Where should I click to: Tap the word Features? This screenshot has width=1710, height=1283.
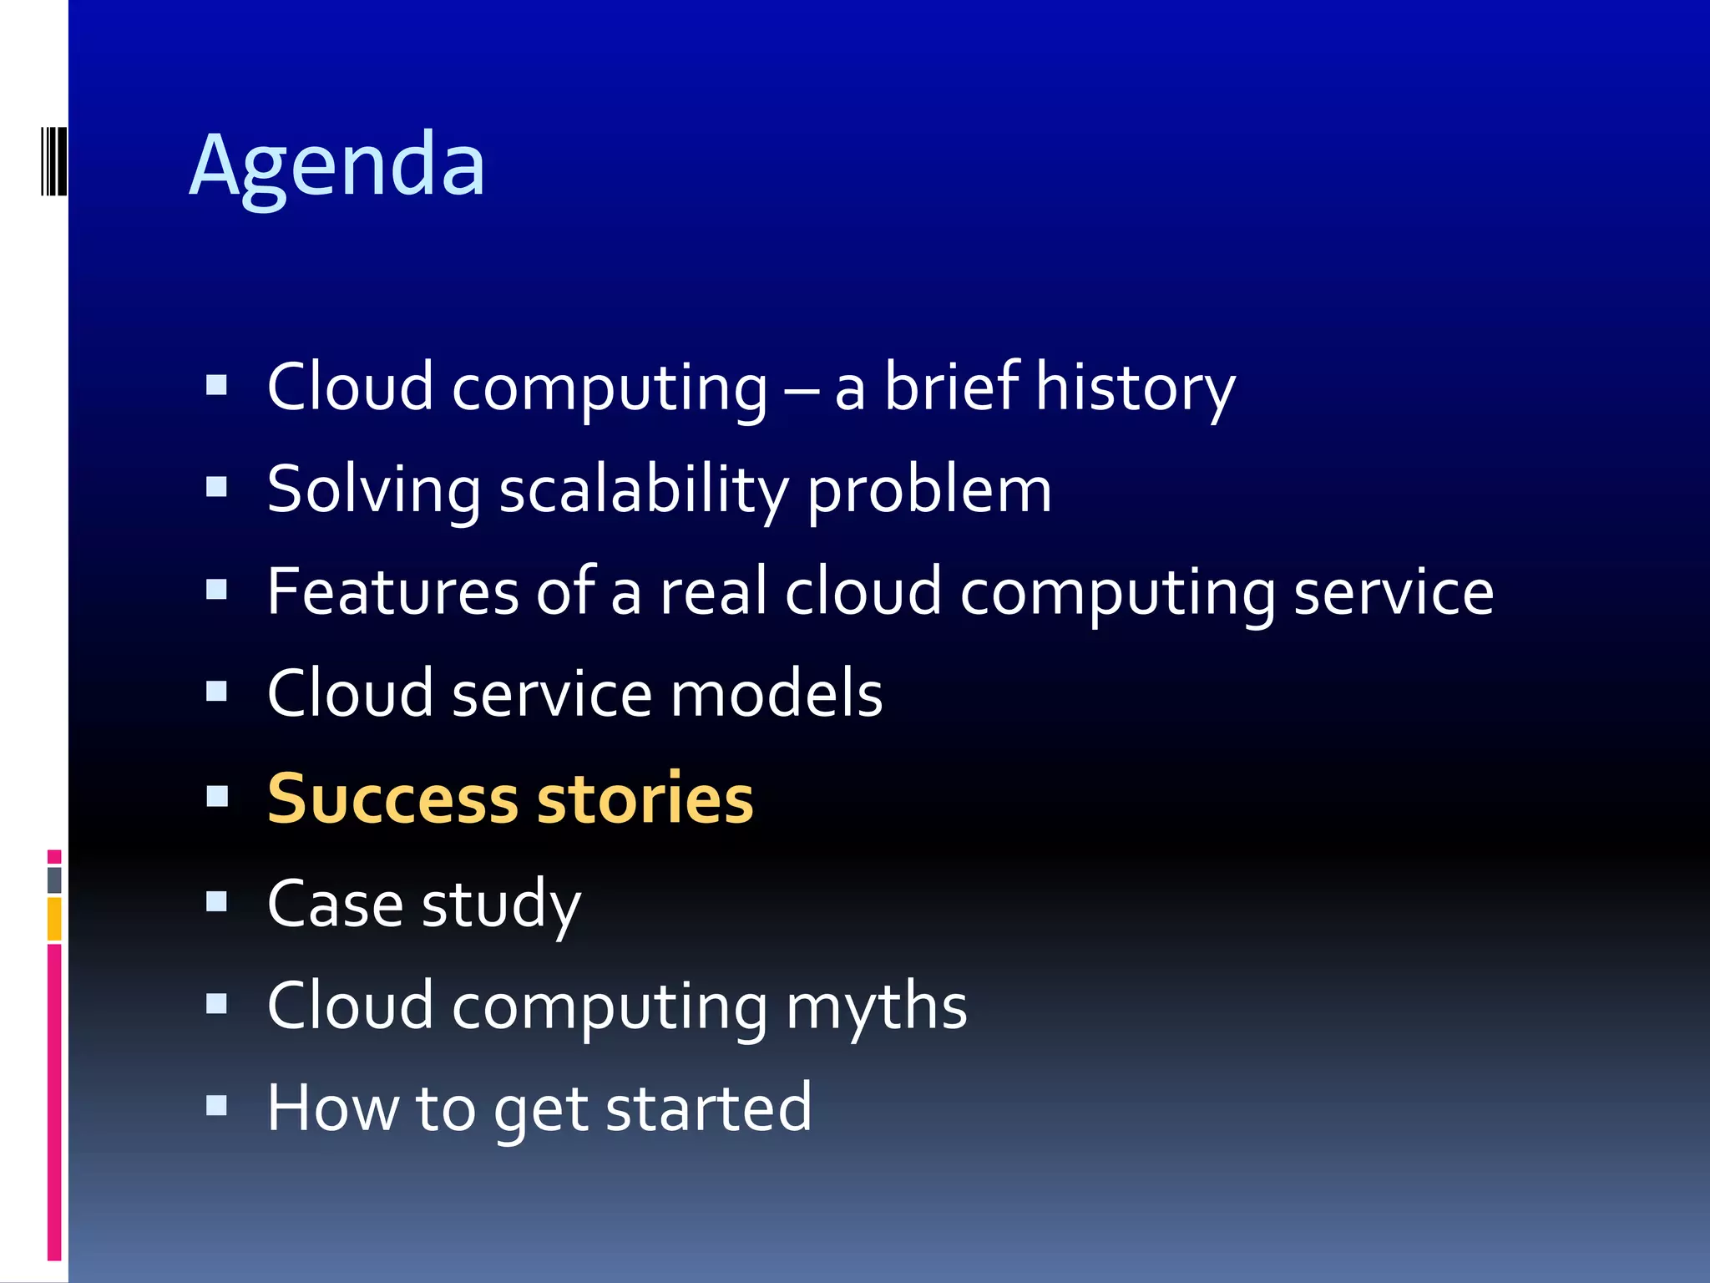[392, 592]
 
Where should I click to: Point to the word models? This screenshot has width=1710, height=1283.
[776, 694]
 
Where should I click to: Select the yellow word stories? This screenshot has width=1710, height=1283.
[645, 799]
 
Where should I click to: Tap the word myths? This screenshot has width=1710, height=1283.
[876, 1007]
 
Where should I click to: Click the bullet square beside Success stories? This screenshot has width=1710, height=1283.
[217, 797]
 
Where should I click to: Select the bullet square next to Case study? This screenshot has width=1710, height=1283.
[217, 901]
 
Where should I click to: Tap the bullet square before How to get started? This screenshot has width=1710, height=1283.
[217, 1106]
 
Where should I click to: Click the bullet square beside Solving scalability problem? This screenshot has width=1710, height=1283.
[217, 487]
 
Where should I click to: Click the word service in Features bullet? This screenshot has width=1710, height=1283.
[1394, 592]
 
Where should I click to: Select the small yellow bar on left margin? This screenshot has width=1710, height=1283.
[54, 919]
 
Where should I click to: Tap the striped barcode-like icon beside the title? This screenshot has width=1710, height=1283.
[53, 160]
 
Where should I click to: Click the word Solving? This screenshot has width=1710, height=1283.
[373, 490]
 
